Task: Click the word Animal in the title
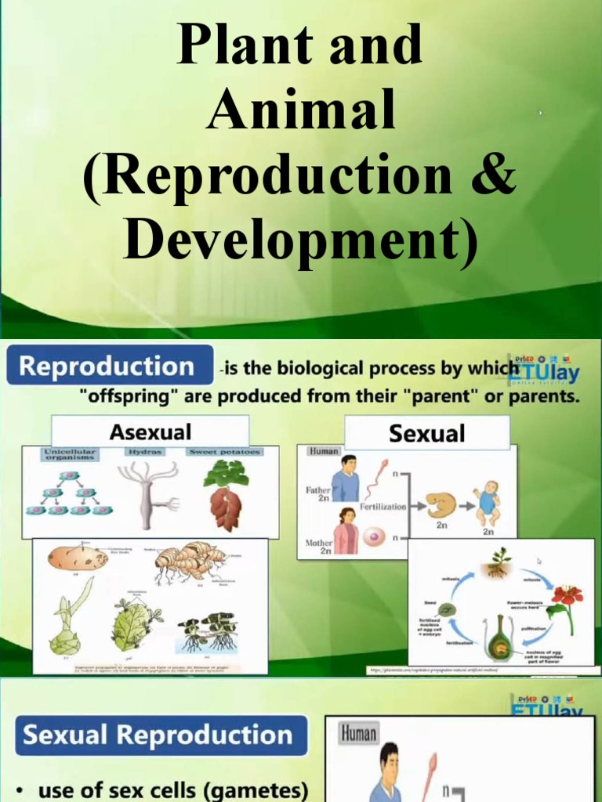(301, 110)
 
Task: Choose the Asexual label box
(150, 432)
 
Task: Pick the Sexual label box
(426, 433)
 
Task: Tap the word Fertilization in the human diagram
(383, 507)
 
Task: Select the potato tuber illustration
(77, 558)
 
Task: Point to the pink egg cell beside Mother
(375, 537)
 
